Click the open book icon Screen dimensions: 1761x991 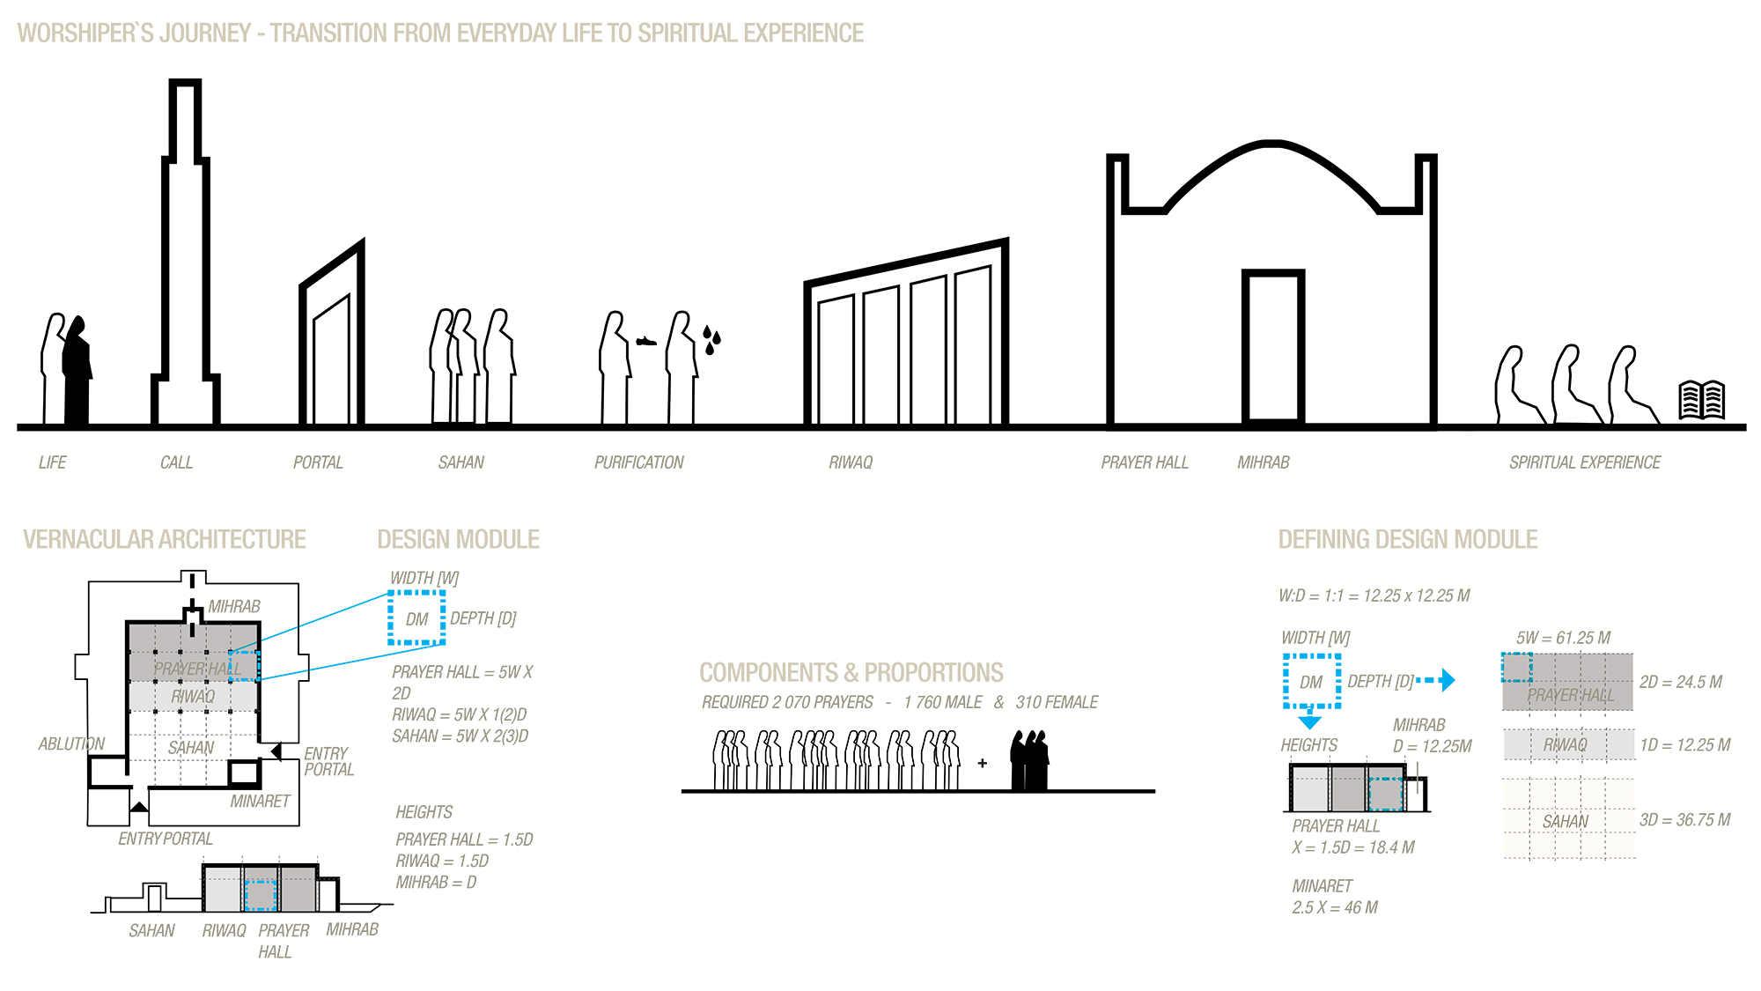(x=1701, y=400)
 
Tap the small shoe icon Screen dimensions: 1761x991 (x=646, y=341)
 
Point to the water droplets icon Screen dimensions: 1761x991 (x=711, y=339)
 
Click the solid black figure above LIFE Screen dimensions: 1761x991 (x=77, y=370)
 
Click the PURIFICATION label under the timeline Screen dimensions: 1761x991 (x=638, y=462)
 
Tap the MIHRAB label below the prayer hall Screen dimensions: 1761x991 (x=1263, y=462)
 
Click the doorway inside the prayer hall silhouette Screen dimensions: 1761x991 (x=1272, y=348)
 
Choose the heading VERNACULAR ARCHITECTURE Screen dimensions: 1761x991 (x=165, y=539)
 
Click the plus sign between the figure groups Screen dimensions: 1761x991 (x=983, y=763)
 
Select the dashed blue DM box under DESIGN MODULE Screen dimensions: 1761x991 (x=416, y=618)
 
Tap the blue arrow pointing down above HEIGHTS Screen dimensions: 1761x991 (x=1310, y=720)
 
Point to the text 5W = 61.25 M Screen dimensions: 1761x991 (x=1563, y=638)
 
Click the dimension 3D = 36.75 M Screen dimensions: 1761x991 (x=1684, y=820)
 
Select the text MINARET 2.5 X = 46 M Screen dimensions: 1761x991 (x=1334, y=897)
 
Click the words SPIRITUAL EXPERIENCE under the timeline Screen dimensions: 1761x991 (x=1584, y=462)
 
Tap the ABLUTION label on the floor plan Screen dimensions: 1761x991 (x=71, y=744)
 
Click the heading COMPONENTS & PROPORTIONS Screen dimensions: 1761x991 (x=851, y=673)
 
